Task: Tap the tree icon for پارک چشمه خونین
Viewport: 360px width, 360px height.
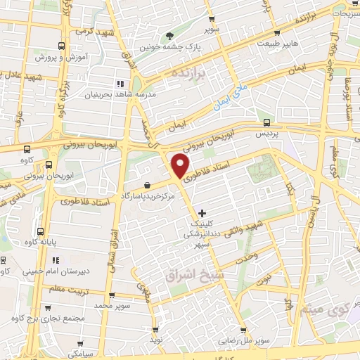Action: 168,35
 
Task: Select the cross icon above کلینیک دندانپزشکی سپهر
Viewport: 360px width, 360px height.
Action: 202,212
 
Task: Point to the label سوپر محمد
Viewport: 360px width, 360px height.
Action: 94,306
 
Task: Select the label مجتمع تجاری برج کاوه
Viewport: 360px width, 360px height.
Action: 53,319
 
